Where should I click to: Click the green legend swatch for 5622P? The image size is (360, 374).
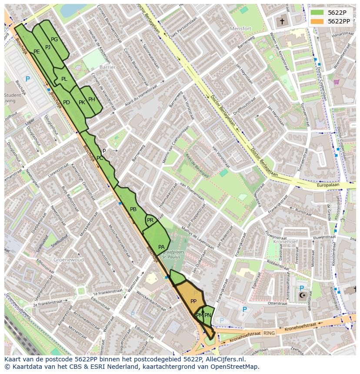[317, 12]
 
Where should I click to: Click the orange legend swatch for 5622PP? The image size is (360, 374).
[317, 21]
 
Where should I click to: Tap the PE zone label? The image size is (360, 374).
[37, 52]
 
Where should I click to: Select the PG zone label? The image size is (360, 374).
[54, 40]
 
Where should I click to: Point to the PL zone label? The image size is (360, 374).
[64, 79]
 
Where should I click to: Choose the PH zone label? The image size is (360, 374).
[92, 99]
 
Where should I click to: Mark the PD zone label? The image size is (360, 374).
[67, 103]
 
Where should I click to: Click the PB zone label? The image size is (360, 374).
[133, 209]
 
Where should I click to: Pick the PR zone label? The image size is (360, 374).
[150, 220]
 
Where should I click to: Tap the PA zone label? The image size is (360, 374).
[161, 247]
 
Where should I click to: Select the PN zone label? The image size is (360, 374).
[208, 315]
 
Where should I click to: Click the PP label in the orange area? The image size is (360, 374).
[193, 301]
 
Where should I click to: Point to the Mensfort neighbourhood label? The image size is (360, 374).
[241, 29]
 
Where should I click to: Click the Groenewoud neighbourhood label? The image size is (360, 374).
[68, 260]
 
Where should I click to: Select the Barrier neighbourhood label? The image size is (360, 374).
[107, 67]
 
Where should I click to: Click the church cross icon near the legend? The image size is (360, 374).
[282, 21]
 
